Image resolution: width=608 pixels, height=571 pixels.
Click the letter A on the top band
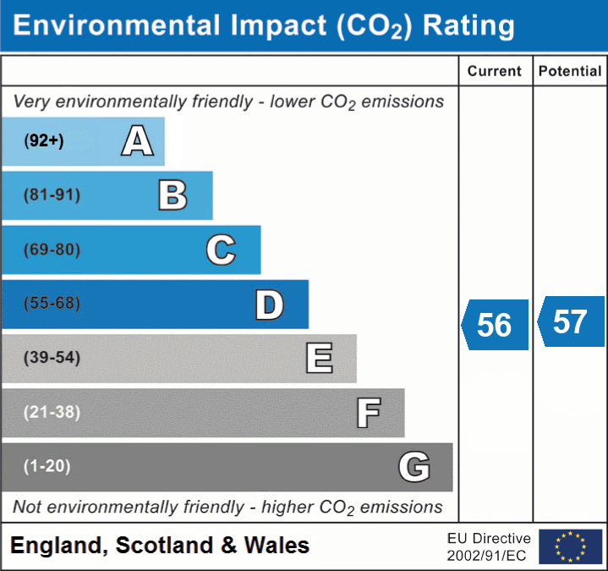[137, 140]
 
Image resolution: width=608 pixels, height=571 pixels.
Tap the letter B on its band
[173, 195]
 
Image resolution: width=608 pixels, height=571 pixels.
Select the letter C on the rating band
[221, 250]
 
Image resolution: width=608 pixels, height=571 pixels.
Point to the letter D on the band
[269, 305]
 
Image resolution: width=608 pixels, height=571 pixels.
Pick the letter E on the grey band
[319, 358]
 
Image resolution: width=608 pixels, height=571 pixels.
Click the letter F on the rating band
[368, 413]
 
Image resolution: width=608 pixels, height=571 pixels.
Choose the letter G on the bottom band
[414, 466]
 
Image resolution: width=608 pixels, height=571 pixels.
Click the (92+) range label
[44, 141]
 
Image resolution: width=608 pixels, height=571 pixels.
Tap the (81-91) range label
[52, 195]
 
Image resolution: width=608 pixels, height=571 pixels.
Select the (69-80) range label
[52, 250]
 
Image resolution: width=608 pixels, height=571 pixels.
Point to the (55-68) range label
[52, 304]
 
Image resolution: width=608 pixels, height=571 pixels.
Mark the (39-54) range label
[52, 358]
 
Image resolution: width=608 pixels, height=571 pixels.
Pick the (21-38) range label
[52, 412]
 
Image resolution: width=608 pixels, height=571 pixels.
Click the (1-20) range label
[47, 466]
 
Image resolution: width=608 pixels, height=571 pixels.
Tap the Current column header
[495, 72]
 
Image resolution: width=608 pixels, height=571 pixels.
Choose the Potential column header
[570, 72]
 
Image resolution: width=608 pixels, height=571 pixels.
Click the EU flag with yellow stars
[570, 546]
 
